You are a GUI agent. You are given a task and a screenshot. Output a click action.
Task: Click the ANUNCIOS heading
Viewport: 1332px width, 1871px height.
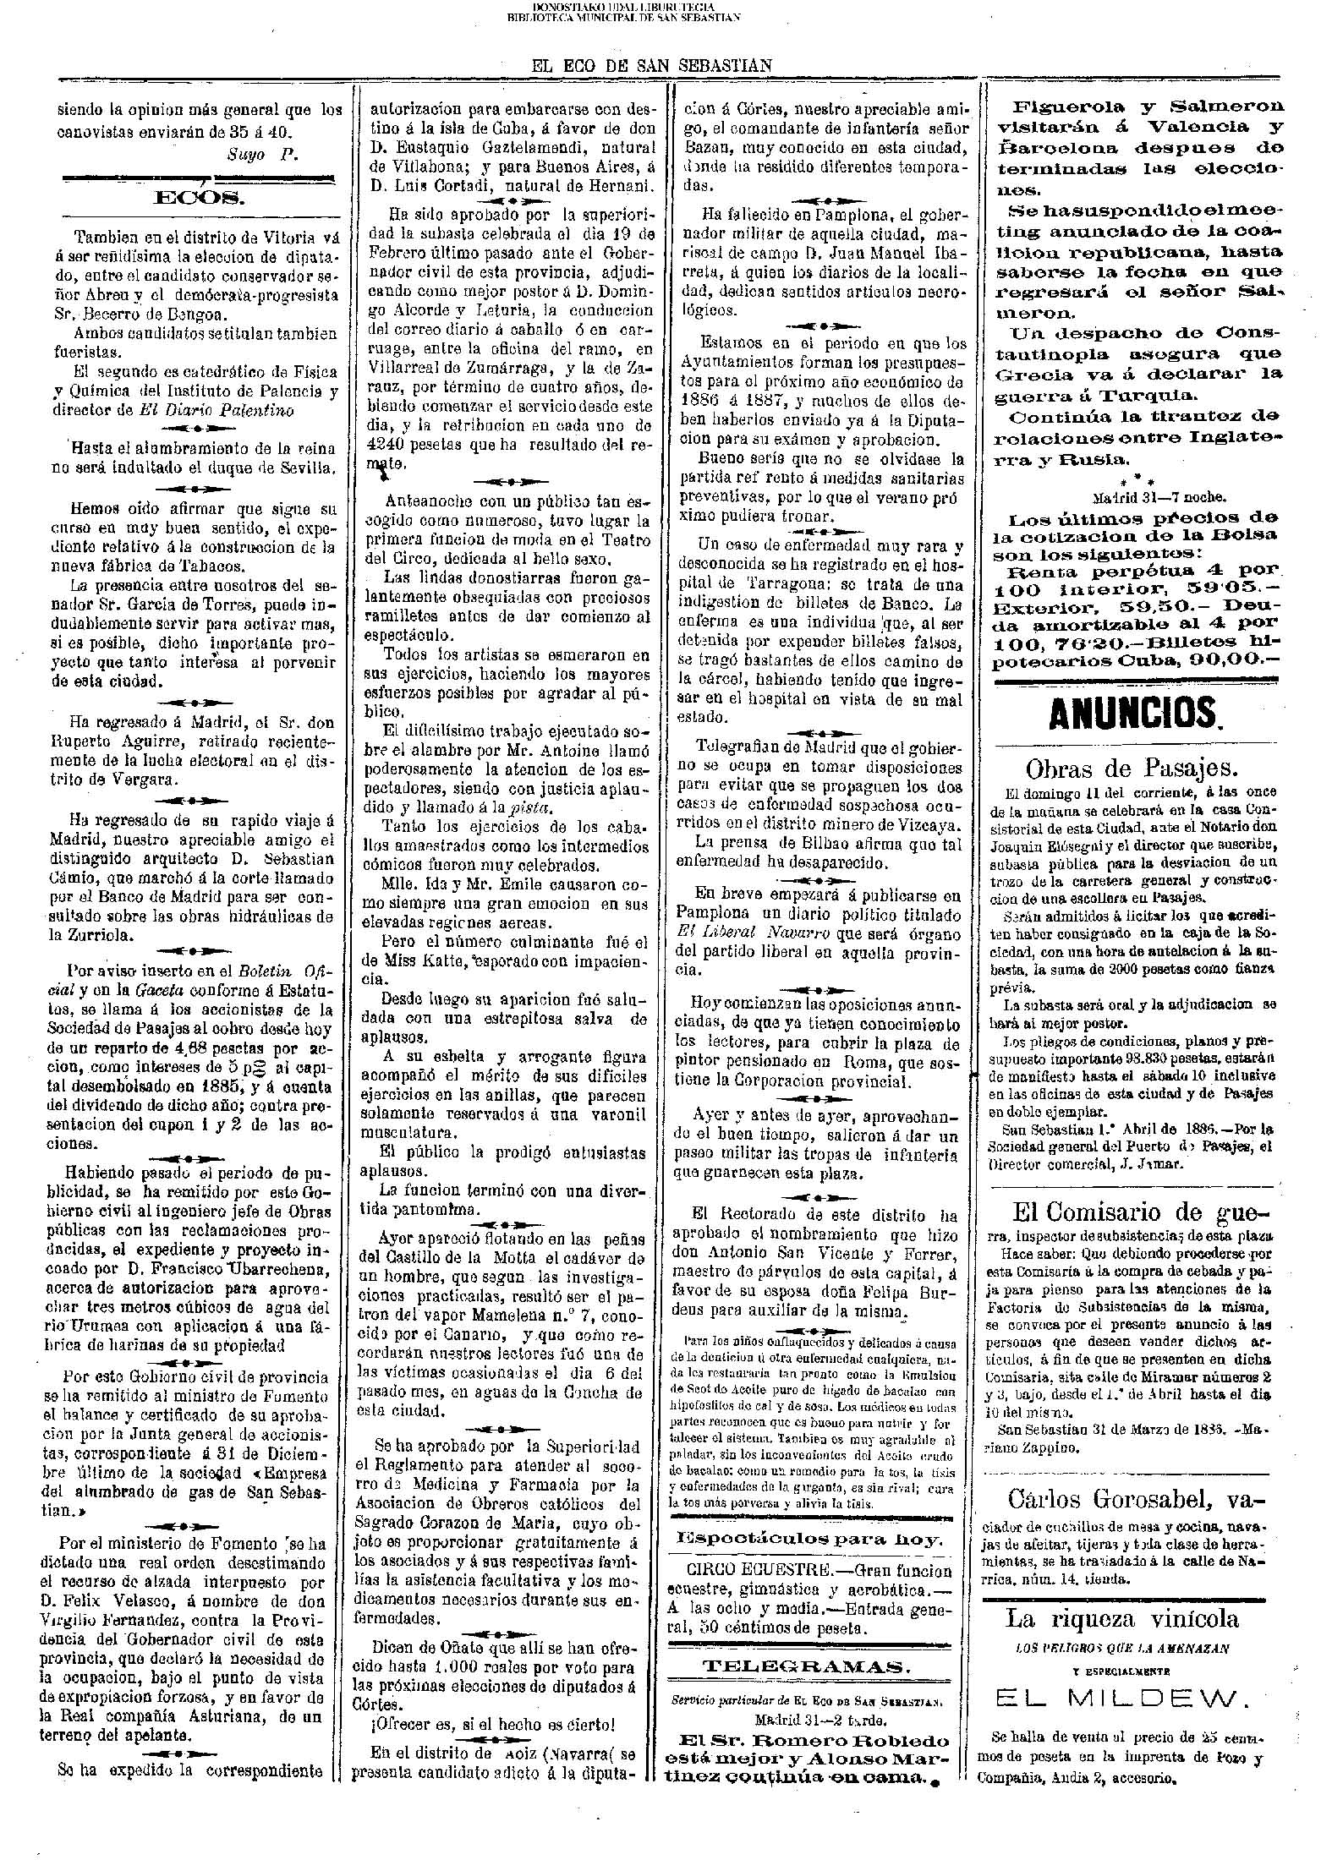point(1133,714)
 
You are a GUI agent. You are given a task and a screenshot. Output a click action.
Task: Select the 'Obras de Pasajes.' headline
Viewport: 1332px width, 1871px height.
point(1132,769)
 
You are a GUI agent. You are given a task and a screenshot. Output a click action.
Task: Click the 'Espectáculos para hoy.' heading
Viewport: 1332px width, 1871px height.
point(811,1539)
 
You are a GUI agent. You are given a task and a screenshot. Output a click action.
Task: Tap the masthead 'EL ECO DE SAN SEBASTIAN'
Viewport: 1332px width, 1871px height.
point(650,65)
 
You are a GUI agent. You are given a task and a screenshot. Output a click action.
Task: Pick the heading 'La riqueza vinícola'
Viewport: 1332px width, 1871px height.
point(1122,1618)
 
